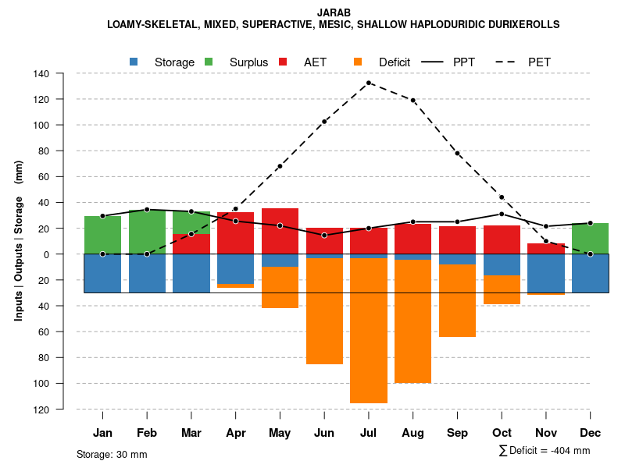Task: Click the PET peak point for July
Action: [x=369, y=83]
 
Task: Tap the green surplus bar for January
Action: [x=102, y=235]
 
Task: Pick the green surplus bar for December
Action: [x=590, y=239]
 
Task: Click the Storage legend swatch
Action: [x=134, y=62]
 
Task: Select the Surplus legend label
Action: [x=248, y=62]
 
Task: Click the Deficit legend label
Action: [x=395, y=62]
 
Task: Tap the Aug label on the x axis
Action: [x=413, y=433]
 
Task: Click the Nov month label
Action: [x=546, y=433]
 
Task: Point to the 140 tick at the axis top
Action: [x=41, y=74]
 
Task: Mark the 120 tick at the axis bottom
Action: [x=41, y=409]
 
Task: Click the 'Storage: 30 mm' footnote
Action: [x=112, y=454]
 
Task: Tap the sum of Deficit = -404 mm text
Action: [x=545, y=450]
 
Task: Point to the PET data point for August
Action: [x=413, y=100]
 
